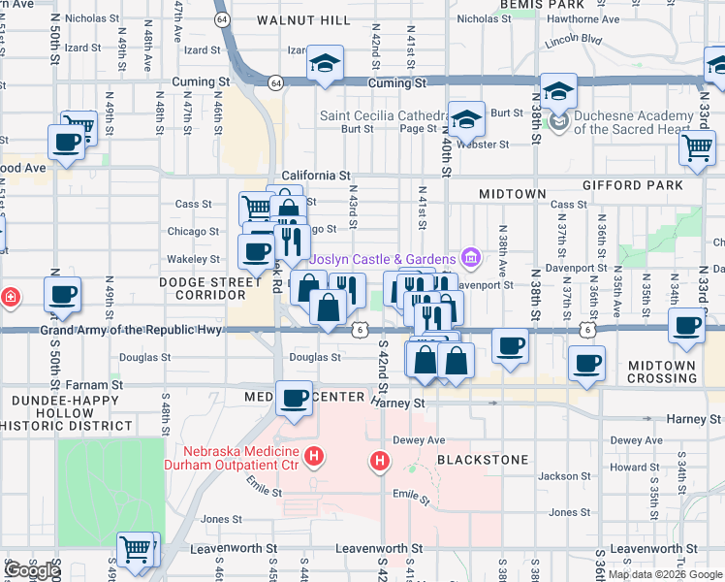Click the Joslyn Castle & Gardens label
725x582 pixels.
coord(383,259)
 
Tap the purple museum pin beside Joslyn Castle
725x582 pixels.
coord(471,258)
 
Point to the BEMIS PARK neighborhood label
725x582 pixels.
coord(544,5)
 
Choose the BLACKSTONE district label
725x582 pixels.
coord(483,459)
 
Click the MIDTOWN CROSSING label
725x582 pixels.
coord(661,372)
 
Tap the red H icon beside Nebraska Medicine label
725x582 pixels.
coord(313,454)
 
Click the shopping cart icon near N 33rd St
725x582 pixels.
coord(697,147)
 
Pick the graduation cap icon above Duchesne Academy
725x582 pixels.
coord(558,91)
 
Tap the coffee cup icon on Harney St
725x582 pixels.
coord(294,398)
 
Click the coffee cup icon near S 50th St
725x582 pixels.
coord(63,295)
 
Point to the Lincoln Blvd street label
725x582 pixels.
coord(574,41)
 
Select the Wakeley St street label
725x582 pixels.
coord(194,259)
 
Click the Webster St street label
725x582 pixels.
coord(489,145)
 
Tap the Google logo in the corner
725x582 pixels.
coord(32,570)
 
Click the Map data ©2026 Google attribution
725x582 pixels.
coord(664,574)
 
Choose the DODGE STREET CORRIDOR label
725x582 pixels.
coord(211,288)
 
